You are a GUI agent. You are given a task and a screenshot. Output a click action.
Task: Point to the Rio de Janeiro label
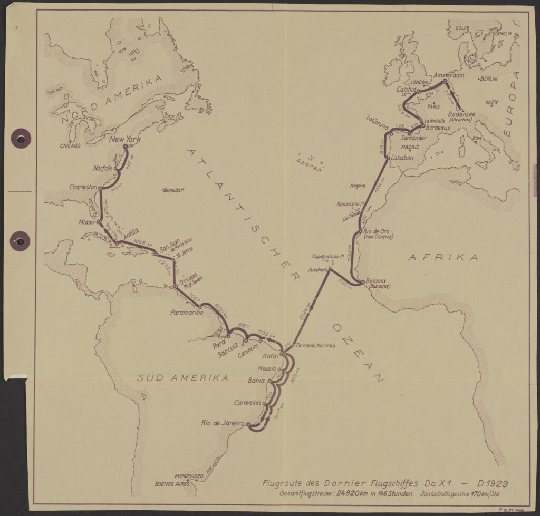[x=223, y=423]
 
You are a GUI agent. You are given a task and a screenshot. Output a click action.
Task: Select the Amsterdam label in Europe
[x=448, y=76]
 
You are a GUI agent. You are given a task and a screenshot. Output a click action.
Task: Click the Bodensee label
[x=461, y=114]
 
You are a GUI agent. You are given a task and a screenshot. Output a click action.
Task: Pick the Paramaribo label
[x=185, y=312]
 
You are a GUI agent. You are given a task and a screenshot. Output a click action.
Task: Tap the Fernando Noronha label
[x=316, y=346]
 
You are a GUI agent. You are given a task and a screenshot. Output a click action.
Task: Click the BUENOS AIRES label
[x=171, y=483]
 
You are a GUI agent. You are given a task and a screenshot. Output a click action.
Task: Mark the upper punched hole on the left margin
[x=21, y=139]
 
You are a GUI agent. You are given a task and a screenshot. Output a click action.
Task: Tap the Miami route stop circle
[x=99, y=222]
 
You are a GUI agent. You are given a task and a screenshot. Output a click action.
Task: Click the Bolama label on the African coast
[x=375, y=281]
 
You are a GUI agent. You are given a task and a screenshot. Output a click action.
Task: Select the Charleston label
[x=83, y=187]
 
